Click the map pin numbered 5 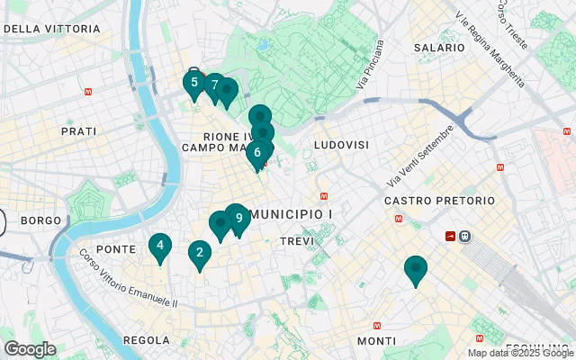(x=193, y=83)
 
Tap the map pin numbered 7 (x=214, y=86)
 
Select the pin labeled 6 (x=257, y=153)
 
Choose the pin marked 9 (x=238, y=219)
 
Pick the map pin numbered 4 (x=160, y=246)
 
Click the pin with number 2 (x=199, y=254)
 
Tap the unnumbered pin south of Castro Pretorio (x=415, y=268)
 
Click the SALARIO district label (x=438, y=47)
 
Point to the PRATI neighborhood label (x=78, y=131)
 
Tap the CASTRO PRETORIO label (x=439, y=200)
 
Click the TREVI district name (x=297, y=241)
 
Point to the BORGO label (x=40, y=220)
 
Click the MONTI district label (x=375, y=341)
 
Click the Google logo (x=30, y=349)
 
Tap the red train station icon (x=450, y=236)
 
